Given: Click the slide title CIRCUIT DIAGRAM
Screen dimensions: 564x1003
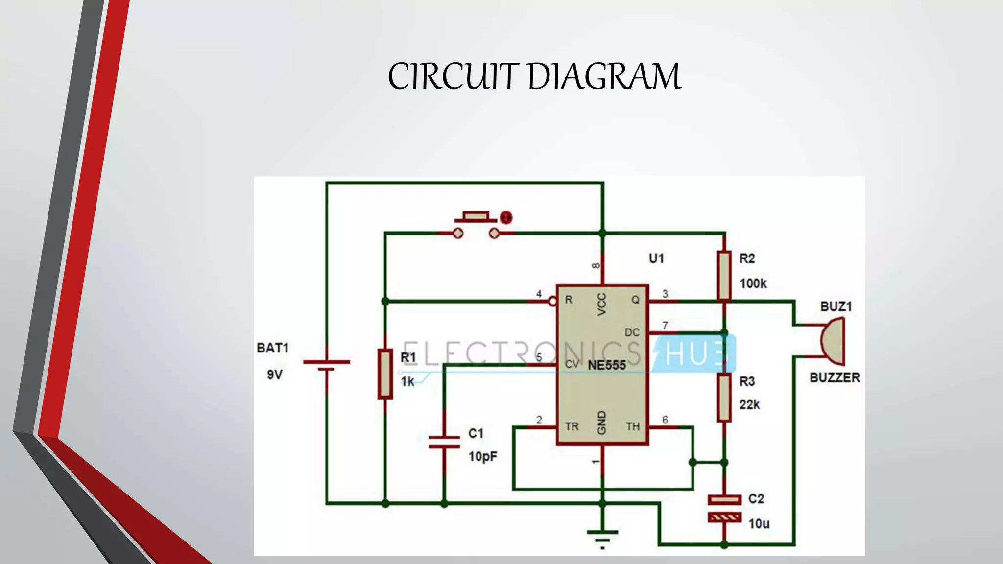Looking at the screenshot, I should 534,76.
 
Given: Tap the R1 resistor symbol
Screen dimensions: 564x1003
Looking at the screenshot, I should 385,374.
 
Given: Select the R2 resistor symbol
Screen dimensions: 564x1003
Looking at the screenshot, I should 724,275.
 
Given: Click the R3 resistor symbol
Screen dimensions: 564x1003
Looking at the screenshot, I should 724,397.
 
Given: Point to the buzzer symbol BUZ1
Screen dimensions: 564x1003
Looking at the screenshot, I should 833,341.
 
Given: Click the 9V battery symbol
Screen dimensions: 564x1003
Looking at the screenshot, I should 326,365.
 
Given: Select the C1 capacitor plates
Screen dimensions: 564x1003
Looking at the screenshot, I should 444,442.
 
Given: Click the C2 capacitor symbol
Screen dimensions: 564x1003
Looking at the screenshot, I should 724,508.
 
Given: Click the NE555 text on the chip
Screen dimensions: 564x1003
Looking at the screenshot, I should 607,365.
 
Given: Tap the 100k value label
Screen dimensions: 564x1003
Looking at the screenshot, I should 753,283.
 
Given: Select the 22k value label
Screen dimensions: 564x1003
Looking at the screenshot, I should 750,405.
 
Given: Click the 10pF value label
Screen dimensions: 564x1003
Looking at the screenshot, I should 483,456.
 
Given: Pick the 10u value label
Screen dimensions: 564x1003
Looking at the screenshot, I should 759,524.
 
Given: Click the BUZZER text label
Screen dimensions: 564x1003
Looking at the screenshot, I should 835,377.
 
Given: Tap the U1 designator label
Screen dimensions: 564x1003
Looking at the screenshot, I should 656,258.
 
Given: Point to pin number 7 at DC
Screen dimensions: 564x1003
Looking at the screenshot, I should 665,325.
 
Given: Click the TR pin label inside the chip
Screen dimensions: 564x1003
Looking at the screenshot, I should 572,426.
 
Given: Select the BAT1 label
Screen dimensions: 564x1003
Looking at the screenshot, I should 273,348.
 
